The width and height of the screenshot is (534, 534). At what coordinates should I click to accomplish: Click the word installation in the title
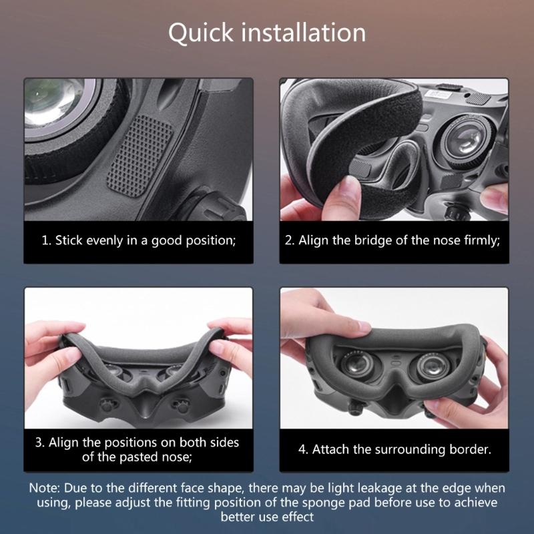pos(303,32)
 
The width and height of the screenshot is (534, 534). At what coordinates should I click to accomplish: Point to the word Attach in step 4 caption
pos(330,449)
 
